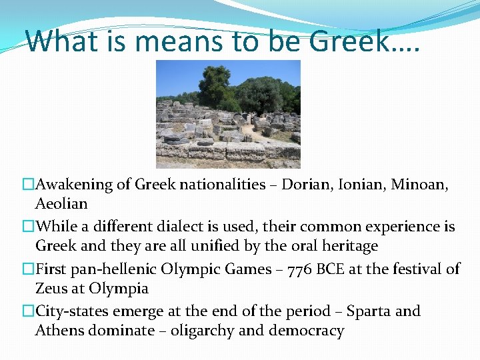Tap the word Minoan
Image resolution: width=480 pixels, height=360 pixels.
[419, 185]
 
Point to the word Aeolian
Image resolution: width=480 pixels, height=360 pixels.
[61, 203]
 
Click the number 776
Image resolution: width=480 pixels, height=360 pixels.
[315, 269]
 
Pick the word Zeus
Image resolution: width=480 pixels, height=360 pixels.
[51, 289]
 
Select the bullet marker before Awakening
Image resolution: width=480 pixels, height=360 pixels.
[28, 185]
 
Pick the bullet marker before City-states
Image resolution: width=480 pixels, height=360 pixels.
[28, 311]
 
